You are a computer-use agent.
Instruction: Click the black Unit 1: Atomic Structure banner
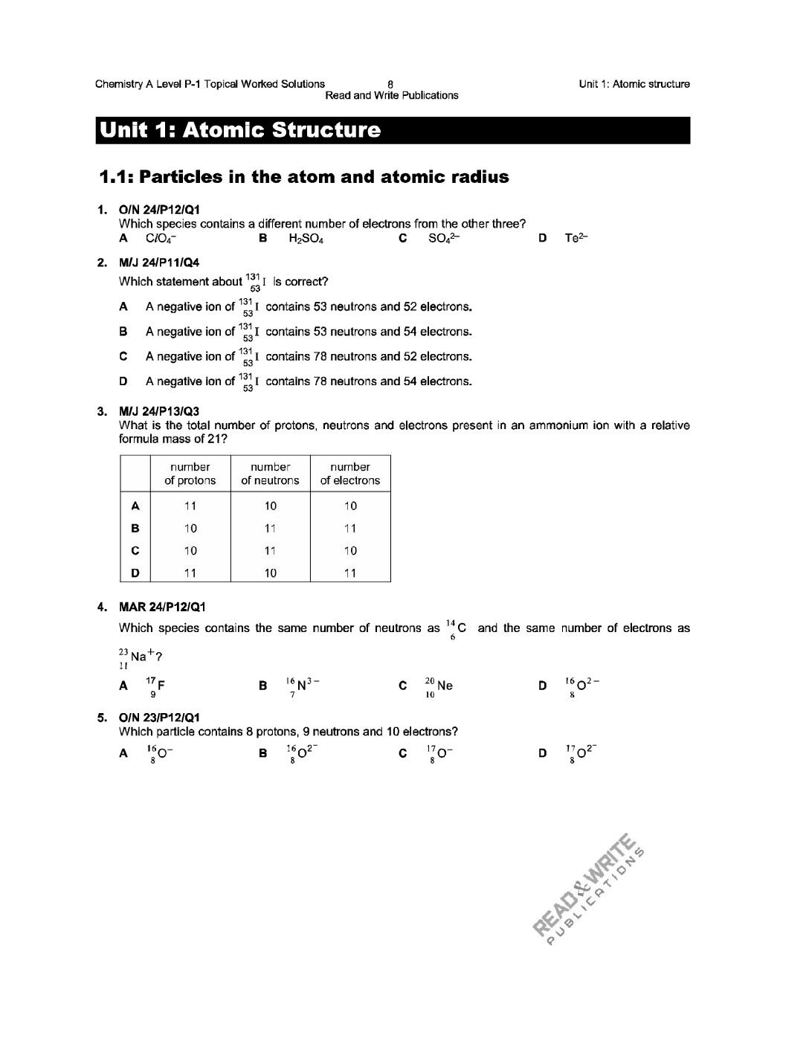392,130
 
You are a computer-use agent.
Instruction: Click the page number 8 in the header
390,84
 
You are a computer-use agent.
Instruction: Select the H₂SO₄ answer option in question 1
305,239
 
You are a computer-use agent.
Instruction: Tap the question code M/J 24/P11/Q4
159,262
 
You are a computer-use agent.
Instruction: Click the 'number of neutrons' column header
270,474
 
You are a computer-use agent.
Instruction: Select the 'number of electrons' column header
349,474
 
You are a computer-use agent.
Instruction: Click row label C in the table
135,551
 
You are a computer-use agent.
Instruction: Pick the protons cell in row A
190,506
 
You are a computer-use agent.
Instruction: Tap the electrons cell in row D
349,573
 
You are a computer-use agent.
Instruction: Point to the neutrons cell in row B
270,529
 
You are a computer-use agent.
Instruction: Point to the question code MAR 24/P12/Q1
162,608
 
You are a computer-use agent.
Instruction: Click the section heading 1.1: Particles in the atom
304,177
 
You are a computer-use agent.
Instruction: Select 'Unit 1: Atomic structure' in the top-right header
634,84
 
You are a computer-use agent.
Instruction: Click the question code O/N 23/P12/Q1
159,718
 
